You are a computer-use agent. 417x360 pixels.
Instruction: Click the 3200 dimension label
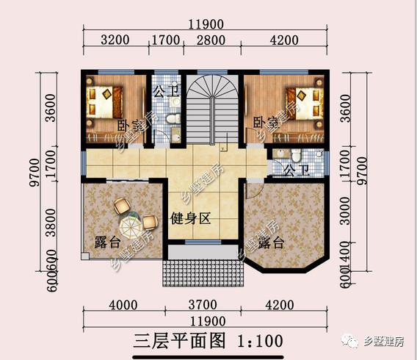[x=113, y=40]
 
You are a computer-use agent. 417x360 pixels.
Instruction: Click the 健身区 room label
[x=191, y=218]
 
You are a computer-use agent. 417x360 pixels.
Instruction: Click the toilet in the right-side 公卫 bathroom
[x=296, y=155]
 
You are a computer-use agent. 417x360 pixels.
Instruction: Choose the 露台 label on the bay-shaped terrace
[x=268, y=243]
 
